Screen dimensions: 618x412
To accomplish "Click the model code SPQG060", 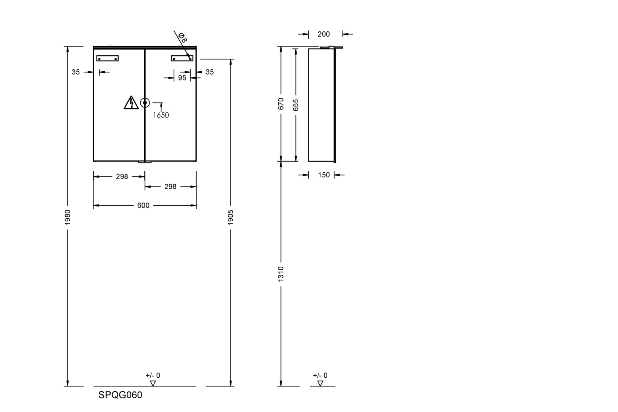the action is click(120, 395).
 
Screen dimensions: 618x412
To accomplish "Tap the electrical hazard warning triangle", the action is click(131, 103).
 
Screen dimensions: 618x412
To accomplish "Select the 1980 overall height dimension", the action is click(68, 217).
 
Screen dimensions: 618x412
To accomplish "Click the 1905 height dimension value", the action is click(231, 217).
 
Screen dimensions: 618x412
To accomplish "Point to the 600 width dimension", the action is click(143, 205).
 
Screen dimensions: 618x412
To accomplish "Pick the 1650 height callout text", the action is click(161, 115).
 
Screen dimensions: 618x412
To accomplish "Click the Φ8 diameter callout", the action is click(183, 37).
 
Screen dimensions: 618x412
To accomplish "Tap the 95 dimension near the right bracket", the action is click(182, 78).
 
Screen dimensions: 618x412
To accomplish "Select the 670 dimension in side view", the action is click(281, 104).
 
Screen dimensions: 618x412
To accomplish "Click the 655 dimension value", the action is click(296, 105).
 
